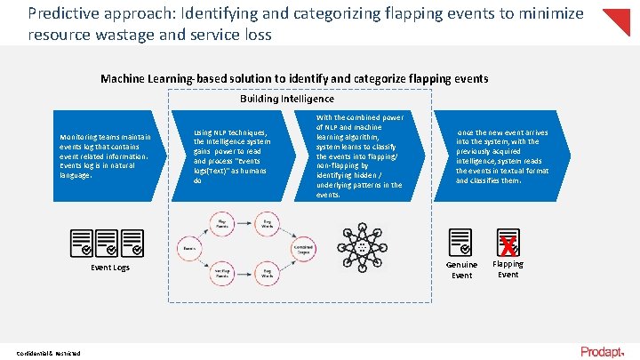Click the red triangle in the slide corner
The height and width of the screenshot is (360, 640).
tap(619, 20)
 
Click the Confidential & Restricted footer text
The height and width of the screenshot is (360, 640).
tap(47, 353)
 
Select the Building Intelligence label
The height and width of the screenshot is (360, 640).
tap(286, 99)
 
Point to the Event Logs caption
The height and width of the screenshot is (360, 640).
tap(110, 268)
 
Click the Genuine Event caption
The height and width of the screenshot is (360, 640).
tap(461, 269)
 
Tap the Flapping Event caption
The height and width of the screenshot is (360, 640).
tap(508, 269)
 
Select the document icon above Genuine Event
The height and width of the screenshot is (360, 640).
tap(460, 241)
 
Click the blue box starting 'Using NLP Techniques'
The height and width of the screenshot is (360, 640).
tap(238, 156)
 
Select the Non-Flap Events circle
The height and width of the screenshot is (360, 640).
tap(224, 275)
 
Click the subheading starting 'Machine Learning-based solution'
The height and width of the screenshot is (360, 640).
tap(294, 78)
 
